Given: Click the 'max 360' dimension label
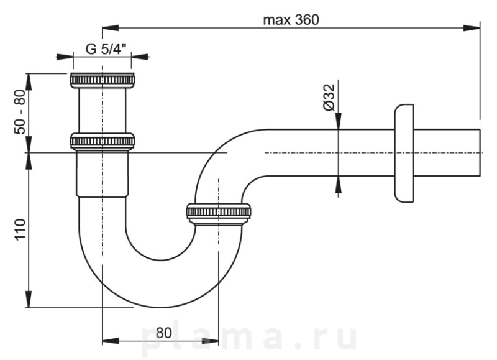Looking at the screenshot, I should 290,19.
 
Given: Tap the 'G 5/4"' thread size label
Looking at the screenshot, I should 103,50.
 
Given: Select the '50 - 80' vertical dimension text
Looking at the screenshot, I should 20,112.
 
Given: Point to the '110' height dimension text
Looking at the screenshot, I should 20,229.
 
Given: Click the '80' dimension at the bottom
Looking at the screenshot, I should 163,332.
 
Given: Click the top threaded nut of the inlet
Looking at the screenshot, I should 103,80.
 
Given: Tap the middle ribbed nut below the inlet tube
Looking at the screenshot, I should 103,141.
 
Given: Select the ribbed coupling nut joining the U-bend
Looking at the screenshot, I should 219,213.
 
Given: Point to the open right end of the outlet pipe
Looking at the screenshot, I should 480,153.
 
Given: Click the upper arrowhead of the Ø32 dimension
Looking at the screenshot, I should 338,124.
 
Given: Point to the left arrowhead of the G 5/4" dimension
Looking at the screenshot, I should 68,57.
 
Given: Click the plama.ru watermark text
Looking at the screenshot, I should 248,339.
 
